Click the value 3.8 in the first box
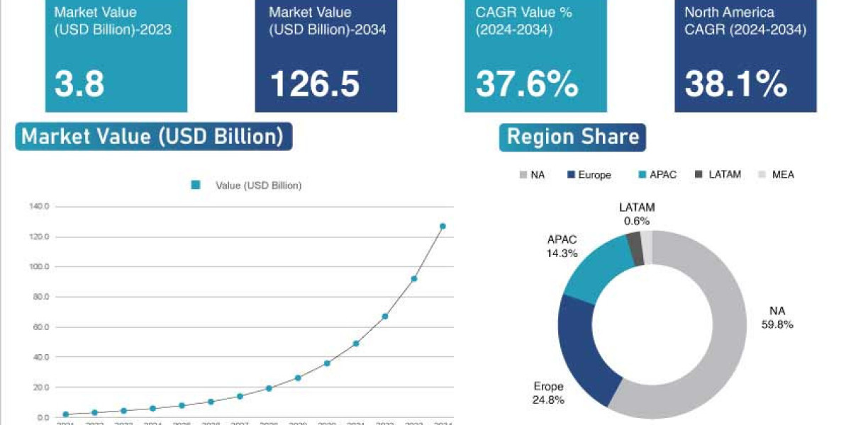pyautogui.click(x=79, y=84)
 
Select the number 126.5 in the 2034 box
pyautogui.click(x=315, y=84)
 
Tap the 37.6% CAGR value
pyautogui.click(x=527, y=84)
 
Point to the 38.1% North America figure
pyautogui.click(x=736, y=84)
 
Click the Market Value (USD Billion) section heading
pyautogui.click(x=153, y=136)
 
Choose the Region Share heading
pyautogui.click(x=573, y=136)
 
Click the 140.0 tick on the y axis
pyautogui.click(x=40, y=207)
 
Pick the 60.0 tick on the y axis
pyautogui.click(x=40, y=327)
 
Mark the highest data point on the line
pyautogui.click(x=443, y=227)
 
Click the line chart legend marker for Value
pyautogui.click(x=196, y=186)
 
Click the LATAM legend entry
pyautogui.click(x=718, y=174)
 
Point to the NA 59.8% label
pyautogui.click(x=778, y=318)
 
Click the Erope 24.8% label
pyautogui.click(x=549, y=393)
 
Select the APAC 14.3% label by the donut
pyautogui.click(x=562, y=246)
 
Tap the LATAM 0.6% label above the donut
pyautogui.click(x=637, y=214)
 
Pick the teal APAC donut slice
pyautogui.click(x=596, y=273)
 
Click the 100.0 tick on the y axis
pyautogui.click(x=40, y=267)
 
